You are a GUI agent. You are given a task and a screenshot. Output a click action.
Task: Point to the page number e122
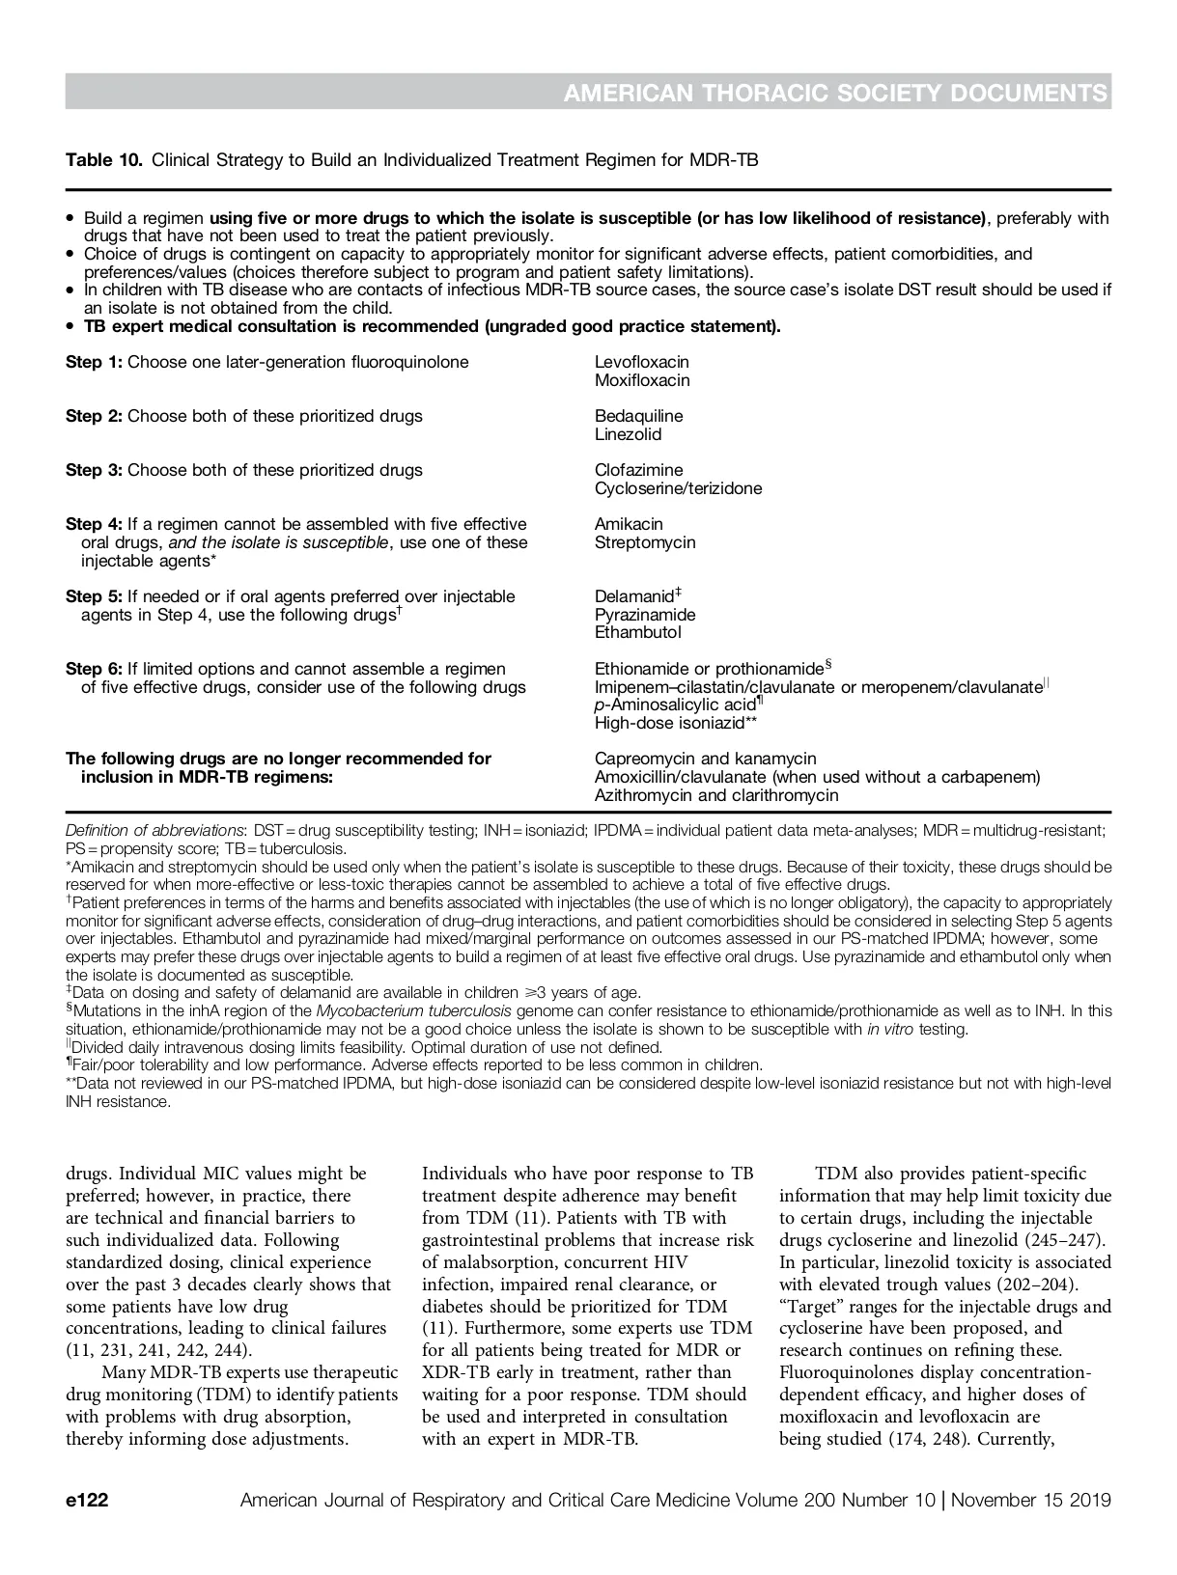tap(87, 1501)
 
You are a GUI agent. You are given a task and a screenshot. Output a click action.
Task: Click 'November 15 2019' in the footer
tap(1032, 1501)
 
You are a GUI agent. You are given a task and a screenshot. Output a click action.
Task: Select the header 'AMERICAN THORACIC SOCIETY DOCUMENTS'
tap(834, 93)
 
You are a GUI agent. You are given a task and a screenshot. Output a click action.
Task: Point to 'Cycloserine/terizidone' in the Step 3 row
tap(678, 488)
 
